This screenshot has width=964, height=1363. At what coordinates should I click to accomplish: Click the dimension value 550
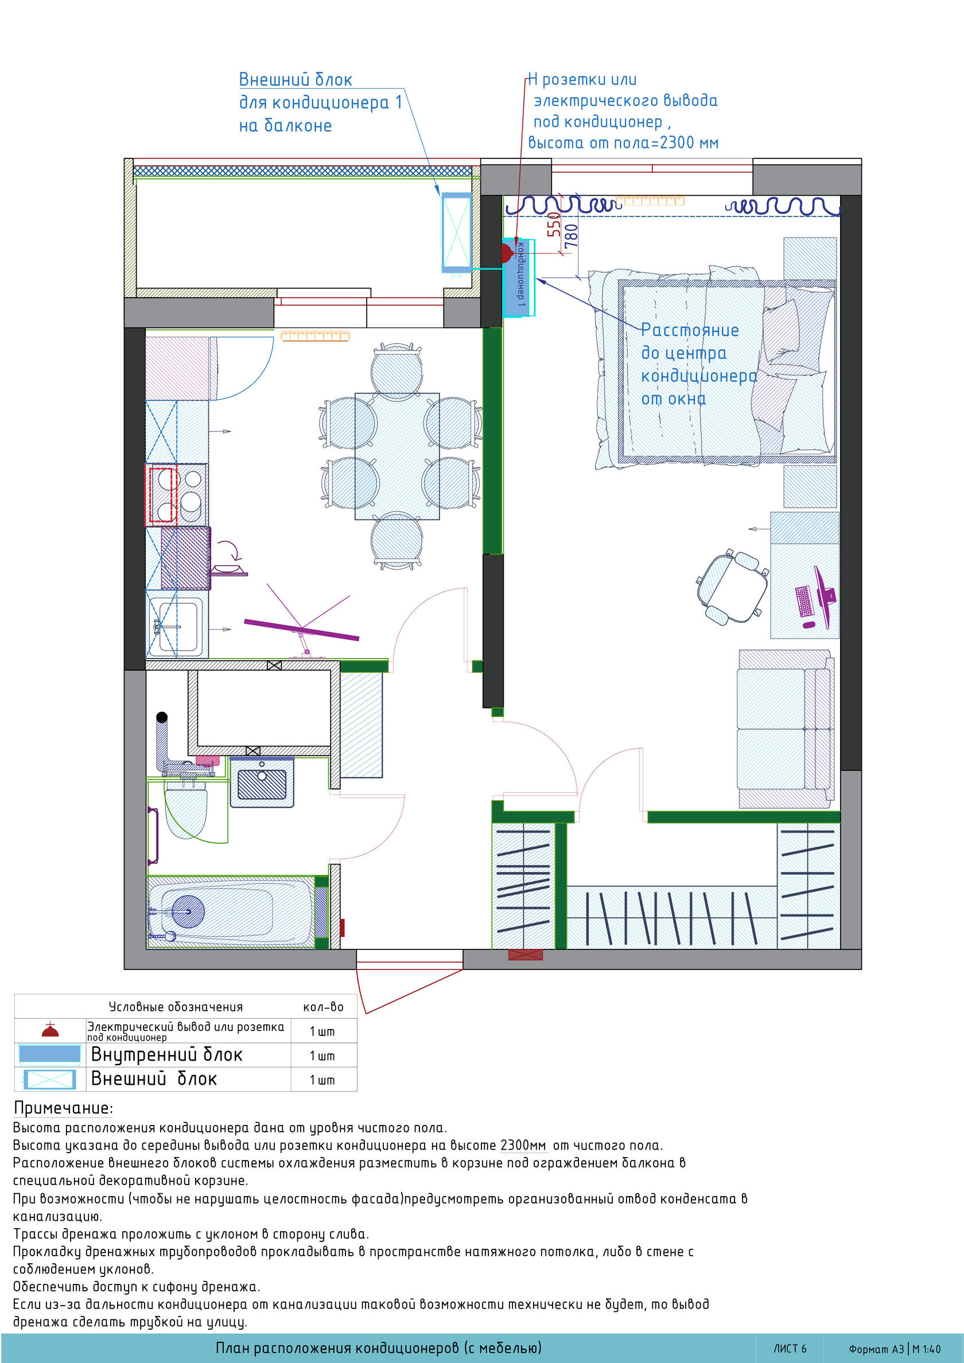coord(554,224)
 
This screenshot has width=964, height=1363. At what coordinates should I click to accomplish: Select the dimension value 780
coord(571,236)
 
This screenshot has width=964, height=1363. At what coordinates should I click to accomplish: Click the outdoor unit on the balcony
coord(456,232)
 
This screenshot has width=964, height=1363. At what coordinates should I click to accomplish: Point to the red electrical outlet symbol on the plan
coord(506,254)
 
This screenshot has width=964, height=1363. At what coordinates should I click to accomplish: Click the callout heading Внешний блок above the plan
coord(295,80)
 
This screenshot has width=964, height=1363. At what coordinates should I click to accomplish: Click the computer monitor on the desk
coord(825,596)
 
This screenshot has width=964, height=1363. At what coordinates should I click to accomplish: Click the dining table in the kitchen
coord(397,456)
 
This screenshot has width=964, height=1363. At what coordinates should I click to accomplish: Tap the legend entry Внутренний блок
coord(167,1054)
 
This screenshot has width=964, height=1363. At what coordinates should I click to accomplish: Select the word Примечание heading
coord(63,1108)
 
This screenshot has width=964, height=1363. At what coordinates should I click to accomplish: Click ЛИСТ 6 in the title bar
coord(790,1348)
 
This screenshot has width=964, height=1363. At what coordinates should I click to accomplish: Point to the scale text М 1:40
coord(927,1349)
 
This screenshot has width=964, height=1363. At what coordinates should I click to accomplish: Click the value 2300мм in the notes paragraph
coord(523,1144)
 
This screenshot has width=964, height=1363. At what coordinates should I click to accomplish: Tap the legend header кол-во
coord(323,1006)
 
